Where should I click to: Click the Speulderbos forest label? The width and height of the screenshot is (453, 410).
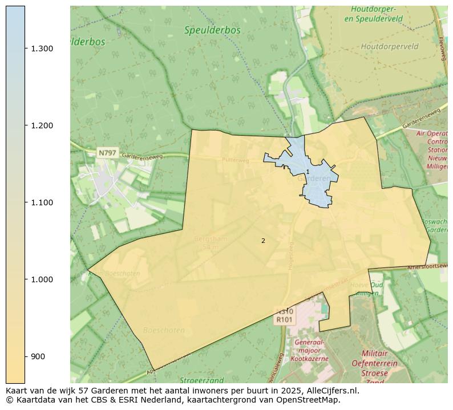coord(212,30)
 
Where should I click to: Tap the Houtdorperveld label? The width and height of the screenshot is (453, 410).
coord(389,47)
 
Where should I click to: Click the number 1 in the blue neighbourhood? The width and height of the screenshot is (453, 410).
coord(308,172)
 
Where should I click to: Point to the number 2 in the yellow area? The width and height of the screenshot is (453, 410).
coord(263,241)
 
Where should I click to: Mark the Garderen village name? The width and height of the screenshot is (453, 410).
coord(314,178)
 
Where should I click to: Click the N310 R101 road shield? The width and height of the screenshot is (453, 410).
coord(285,316)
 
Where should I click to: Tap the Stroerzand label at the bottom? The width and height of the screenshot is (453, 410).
coord(201,380)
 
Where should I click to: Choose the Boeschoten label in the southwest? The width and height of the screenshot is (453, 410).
coord(164,330)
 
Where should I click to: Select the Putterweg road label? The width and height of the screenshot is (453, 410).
coord(236,160)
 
